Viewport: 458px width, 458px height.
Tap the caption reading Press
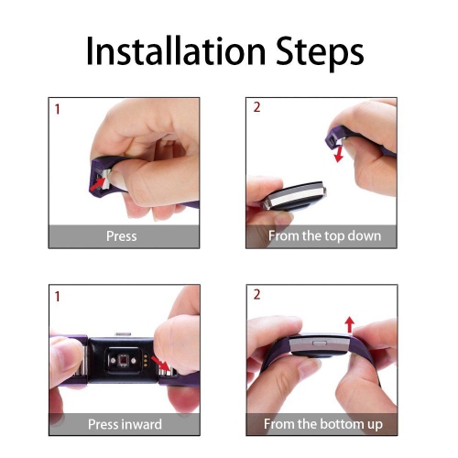point(121,235)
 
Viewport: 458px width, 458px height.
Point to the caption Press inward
point(125,424)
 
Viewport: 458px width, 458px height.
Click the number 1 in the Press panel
point(58,109)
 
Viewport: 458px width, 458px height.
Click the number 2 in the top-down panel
point(257,108)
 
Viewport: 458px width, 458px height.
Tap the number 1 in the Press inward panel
point(58,297)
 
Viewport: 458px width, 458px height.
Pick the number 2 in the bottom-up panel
point(257,297)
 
